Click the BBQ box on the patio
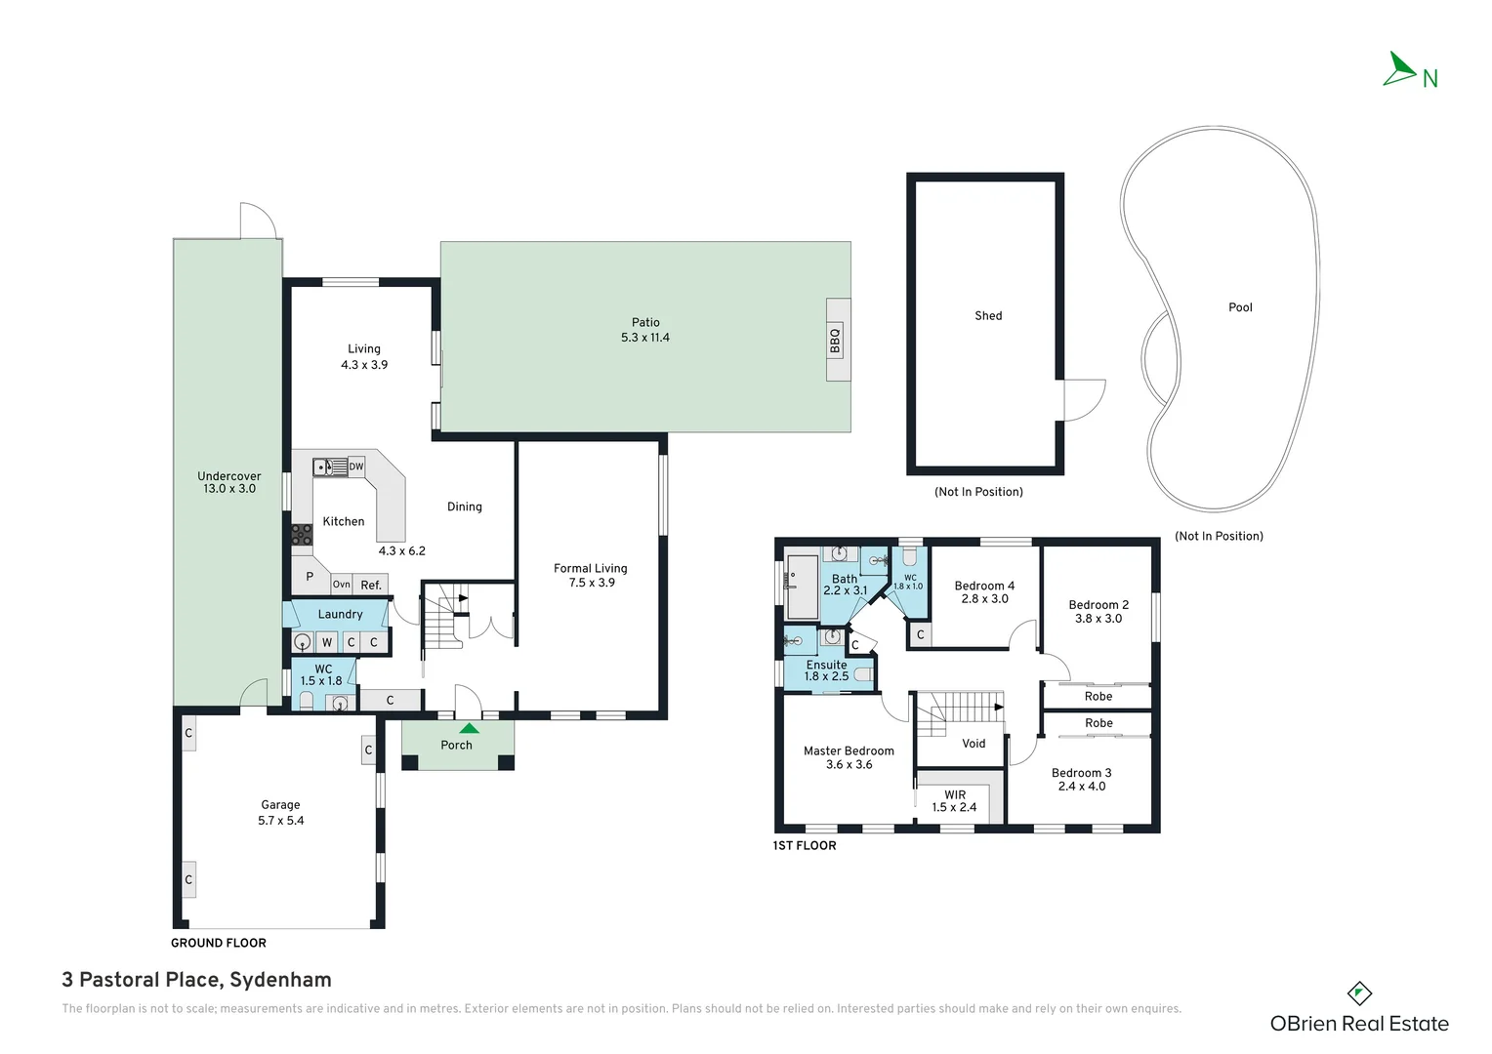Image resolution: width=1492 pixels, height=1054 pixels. click(x=836, y=340)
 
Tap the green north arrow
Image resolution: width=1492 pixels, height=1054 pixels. click(x=1400, y=70)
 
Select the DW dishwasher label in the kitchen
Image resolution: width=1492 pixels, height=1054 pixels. click(x=356, y=466)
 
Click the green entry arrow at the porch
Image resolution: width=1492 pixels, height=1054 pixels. click(x=470, y=727)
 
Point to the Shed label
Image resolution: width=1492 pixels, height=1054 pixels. click(x=988, y=315)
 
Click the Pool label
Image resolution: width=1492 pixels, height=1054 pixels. click(x=1240, y=307)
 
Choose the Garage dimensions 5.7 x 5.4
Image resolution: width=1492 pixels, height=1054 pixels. click(x=281, y=821)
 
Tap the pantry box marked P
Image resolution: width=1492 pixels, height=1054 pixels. click(x=310, y=577)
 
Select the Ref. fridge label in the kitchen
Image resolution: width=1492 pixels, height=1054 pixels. click(x=371, y=585)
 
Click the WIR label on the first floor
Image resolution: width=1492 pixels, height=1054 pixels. click(x=955, y=794)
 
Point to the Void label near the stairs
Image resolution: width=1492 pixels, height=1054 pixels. click(x=974, y=744)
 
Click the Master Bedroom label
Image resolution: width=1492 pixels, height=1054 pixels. click(x=849, y=750)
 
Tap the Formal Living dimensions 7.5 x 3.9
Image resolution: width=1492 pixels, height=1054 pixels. click(x=592, y=583)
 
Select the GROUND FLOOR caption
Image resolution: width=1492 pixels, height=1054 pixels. click(x=219, y=943)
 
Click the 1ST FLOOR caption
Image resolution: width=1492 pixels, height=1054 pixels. click(x=805, y=845)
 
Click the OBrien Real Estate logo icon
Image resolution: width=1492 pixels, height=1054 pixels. click(x=1359, y=993)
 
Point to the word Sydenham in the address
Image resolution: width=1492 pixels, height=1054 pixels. click(x=280, y=980)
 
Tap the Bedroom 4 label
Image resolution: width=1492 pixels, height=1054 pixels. click(x=984, y=586)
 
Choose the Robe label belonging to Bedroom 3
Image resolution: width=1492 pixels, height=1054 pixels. click(x=1098, y=723)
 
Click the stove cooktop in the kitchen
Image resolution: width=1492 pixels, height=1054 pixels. click(x=302, y=534)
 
